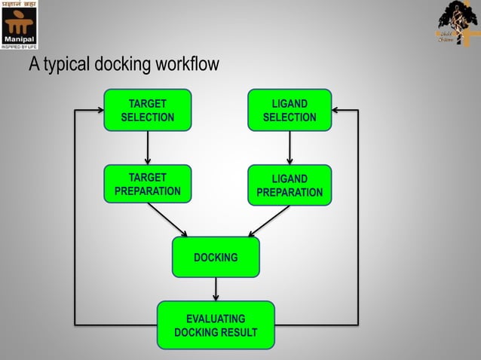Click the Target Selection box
[x=148, y=110]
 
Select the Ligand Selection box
[x=290, y=110]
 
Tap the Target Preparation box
[x=148, y=184]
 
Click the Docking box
[x=216, y=258]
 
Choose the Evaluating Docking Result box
[x=216, y=325]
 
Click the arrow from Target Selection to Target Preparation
[x=148, y=148]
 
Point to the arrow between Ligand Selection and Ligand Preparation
[x=290, y=148]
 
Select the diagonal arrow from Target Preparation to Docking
[x=167, y=220]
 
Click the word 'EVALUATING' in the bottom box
[x=216, y=319]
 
